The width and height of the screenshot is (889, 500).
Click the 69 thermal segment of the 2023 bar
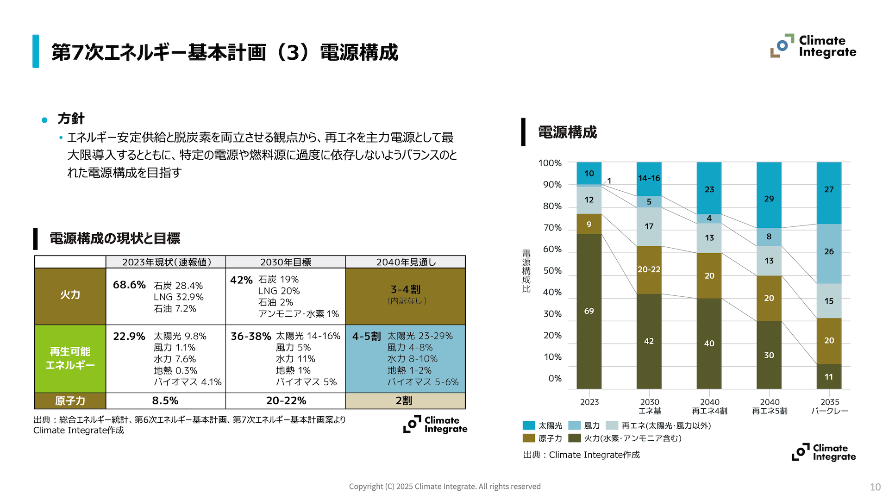tap(588, 311)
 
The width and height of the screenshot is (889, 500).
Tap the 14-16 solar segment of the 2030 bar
tap(649, 179)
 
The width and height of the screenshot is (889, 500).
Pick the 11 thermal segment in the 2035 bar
tap(829, 376)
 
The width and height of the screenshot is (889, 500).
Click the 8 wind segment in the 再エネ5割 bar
tap(769, 237)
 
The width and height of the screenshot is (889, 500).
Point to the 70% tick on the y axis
tap(552, 228)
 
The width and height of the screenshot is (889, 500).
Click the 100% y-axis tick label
tap(550, 163)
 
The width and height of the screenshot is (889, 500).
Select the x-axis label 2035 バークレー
tap(829, 406)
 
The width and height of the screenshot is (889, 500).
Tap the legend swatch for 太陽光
tap(529, 425)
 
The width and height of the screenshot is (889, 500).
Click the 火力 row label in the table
tap(70, 295)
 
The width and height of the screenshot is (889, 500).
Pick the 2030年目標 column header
tap(285, 262)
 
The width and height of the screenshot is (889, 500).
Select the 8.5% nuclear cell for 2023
tap(165, 400)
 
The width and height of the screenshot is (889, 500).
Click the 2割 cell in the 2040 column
tap(404, 400)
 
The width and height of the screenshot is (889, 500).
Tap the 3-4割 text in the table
tap(406, 290)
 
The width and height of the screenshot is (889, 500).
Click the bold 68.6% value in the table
tap(129, 285)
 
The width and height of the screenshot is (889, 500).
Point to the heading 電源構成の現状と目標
tap(115, 238)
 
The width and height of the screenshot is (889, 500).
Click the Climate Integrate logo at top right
tap(813, 46)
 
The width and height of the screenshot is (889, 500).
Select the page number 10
tap(875, 487)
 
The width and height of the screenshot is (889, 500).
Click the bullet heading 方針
tap(71, 119)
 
